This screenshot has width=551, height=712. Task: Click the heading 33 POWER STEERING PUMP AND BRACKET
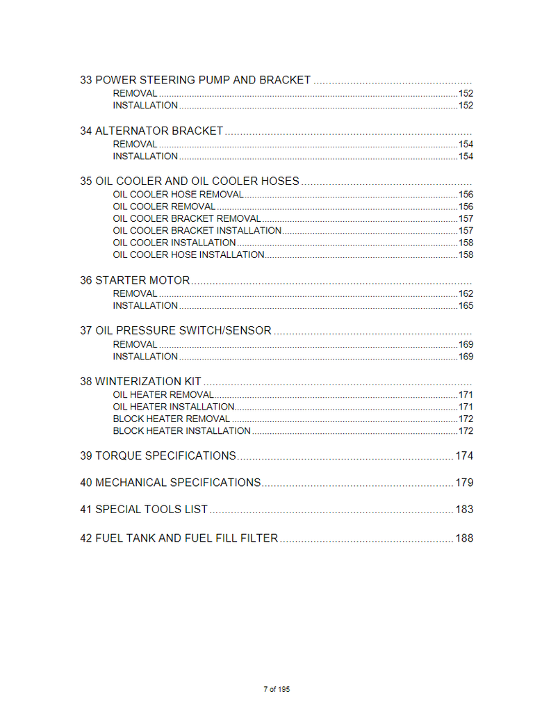coord(195,80)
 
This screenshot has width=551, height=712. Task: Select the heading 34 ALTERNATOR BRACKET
coord(151,131)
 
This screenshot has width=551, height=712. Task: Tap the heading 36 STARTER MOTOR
coord(135,280)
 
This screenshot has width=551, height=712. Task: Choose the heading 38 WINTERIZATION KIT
coord(140,381)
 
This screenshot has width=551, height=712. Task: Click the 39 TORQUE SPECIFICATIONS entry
coord(158,456)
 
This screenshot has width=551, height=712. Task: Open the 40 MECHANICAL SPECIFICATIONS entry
coord(170,483)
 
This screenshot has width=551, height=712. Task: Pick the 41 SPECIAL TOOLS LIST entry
coord(144,510)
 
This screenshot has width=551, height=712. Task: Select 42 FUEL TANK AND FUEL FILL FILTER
coord(179,538)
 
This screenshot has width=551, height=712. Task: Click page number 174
coord(464,456)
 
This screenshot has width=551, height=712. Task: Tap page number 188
coord(464,538)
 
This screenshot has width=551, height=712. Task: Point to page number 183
coord(464,510)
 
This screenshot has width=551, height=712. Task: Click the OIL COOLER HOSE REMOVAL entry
coord(178,195)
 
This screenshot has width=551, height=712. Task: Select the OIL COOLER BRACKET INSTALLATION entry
coord(197,231)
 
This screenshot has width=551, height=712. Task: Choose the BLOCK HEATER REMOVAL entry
coord(171,419)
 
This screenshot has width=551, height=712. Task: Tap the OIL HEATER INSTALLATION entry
coord(174,407)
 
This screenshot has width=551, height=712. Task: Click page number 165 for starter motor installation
coord(466,306)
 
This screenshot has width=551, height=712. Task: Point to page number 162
coord(466,293)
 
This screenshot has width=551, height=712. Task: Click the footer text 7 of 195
coord(277,689)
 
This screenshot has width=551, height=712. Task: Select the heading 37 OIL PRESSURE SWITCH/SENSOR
coord(176,331)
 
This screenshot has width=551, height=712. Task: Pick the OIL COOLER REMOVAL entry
coord(164,207)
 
